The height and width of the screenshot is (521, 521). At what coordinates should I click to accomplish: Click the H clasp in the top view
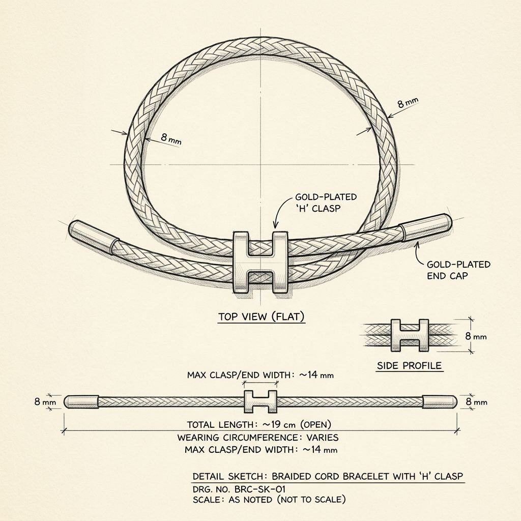pos(260,263)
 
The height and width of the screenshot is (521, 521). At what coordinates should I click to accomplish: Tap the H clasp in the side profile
pos(410,336)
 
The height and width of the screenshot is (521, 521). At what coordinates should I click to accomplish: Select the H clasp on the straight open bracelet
pos(260,402)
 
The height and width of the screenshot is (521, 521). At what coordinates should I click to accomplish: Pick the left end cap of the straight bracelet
pos(81,402)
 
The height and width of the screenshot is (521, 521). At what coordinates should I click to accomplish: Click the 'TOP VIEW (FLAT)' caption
pos(261,316)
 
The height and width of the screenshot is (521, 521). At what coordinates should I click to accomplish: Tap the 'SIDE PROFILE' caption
pos(410,365)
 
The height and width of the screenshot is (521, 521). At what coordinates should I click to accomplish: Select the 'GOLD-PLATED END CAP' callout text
pos(458,270)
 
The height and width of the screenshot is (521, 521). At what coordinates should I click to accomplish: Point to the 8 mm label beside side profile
pos(476,336)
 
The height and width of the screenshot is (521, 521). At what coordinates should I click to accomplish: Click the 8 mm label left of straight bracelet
pos(45,402)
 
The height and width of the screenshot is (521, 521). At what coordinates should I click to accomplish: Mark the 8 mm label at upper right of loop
pos(408,103)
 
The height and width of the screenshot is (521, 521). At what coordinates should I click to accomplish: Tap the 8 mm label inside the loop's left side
pos(171,138)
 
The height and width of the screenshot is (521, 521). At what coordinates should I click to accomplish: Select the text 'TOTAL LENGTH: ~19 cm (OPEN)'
pos(259,424)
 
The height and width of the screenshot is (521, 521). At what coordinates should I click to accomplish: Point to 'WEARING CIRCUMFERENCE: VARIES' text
pos(258,437)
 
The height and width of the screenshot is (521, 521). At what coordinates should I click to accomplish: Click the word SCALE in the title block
pos(206,500)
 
